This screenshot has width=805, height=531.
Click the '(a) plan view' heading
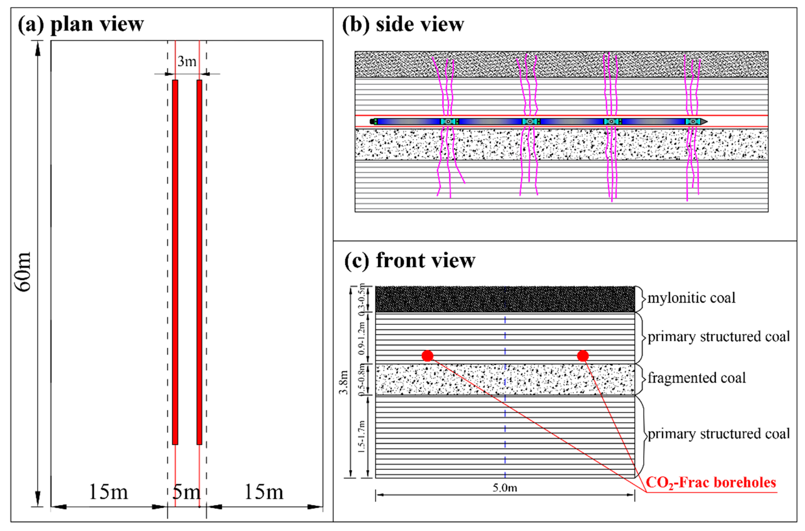[81, 24]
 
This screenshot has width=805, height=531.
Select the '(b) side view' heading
[403, 24]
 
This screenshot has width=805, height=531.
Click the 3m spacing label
[187, 61]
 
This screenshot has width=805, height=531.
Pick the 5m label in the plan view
[186, 492]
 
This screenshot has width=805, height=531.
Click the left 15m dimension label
[108, 492]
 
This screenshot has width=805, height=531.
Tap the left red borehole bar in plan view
[175, 262]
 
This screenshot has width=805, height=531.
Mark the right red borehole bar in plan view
[199, 262]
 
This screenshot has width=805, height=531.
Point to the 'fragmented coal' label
[697, 378]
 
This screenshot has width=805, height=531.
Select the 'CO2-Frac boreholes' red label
[711, 483]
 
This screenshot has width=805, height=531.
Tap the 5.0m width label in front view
[505, 488]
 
